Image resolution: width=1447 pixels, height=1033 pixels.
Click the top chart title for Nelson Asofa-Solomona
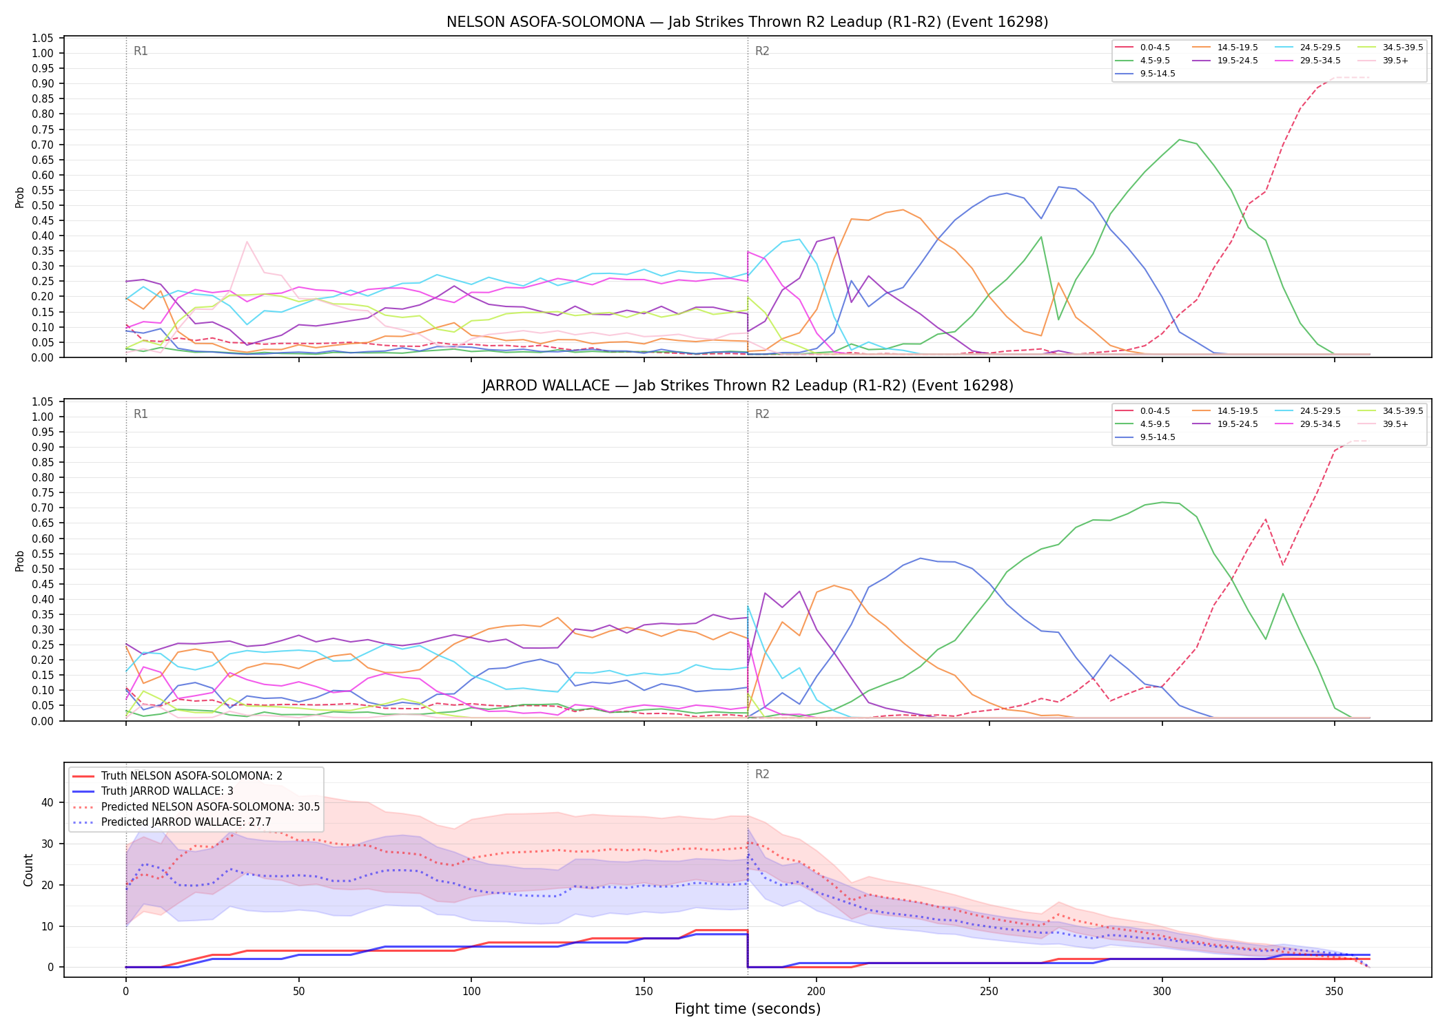pyautogui.click(x=748, y=22)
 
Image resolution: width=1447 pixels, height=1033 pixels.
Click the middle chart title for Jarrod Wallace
pyautogui.click(x=748, y=386)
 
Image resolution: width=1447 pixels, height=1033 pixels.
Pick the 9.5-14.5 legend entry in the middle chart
pyautogui.click(x=1145, y=437)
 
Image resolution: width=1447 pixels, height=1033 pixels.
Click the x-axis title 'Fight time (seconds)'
pyautogui.click(x=748, y=1009)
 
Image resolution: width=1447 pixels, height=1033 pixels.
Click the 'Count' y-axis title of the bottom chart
pyautogui.click(x=28, y=870)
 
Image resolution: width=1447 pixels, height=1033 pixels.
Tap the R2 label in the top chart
pyautogui.click(x=762, y=51)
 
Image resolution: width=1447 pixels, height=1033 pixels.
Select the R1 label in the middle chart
pyautogui.click(x=141, y=414)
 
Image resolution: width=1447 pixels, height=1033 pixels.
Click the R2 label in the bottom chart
pyautogui.click(x=762, y=774)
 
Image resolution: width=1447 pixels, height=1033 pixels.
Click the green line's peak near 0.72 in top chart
pyautogui.click(x=1180, y=140)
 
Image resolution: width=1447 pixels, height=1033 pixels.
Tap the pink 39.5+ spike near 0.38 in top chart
pyautogui.click(x=247, y=242)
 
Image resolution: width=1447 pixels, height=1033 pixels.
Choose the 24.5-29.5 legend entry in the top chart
pyautogui.click(x=1309, y=48)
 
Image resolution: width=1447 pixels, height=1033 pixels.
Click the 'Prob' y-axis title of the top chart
pyautogui.click(x=20, y=198)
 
